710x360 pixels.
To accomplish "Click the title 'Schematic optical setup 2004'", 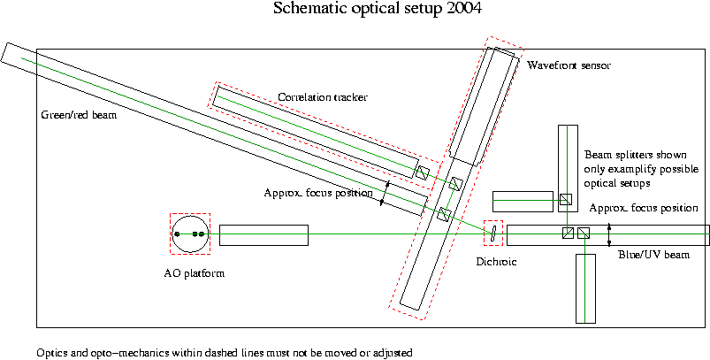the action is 378,9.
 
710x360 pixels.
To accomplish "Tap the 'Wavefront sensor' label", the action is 569,65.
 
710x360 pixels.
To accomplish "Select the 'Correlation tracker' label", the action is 323,97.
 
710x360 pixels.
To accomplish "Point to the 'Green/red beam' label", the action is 79,115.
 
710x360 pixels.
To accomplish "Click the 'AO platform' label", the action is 195,273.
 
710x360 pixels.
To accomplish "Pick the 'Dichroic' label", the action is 496,262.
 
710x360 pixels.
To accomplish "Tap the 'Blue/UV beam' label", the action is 653,255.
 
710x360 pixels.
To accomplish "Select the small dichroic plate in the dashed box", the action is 493,234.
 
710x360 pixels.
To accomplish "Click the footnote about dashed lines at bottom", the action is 225,352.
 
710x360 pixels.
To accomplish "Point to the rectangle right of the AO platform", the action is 263,235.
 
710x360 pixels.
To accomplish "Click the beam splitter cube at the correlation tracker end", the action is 423,173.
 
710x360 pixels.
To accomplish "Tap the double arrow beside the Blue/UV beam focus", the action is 609,234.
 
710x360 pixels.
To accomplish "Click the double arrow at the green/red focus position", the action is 385,194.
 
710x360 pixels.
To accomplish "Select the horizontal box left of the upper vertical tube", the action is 523,202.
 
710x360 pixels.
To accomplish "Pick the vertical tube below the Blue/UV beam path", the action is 585,288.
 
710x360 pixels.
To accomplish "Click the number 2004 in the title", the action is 463,9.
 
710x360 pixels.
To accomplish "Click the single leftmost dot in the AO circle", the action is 177,234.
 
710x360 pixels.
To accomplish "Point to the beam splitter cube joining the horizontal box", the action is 566,200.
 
